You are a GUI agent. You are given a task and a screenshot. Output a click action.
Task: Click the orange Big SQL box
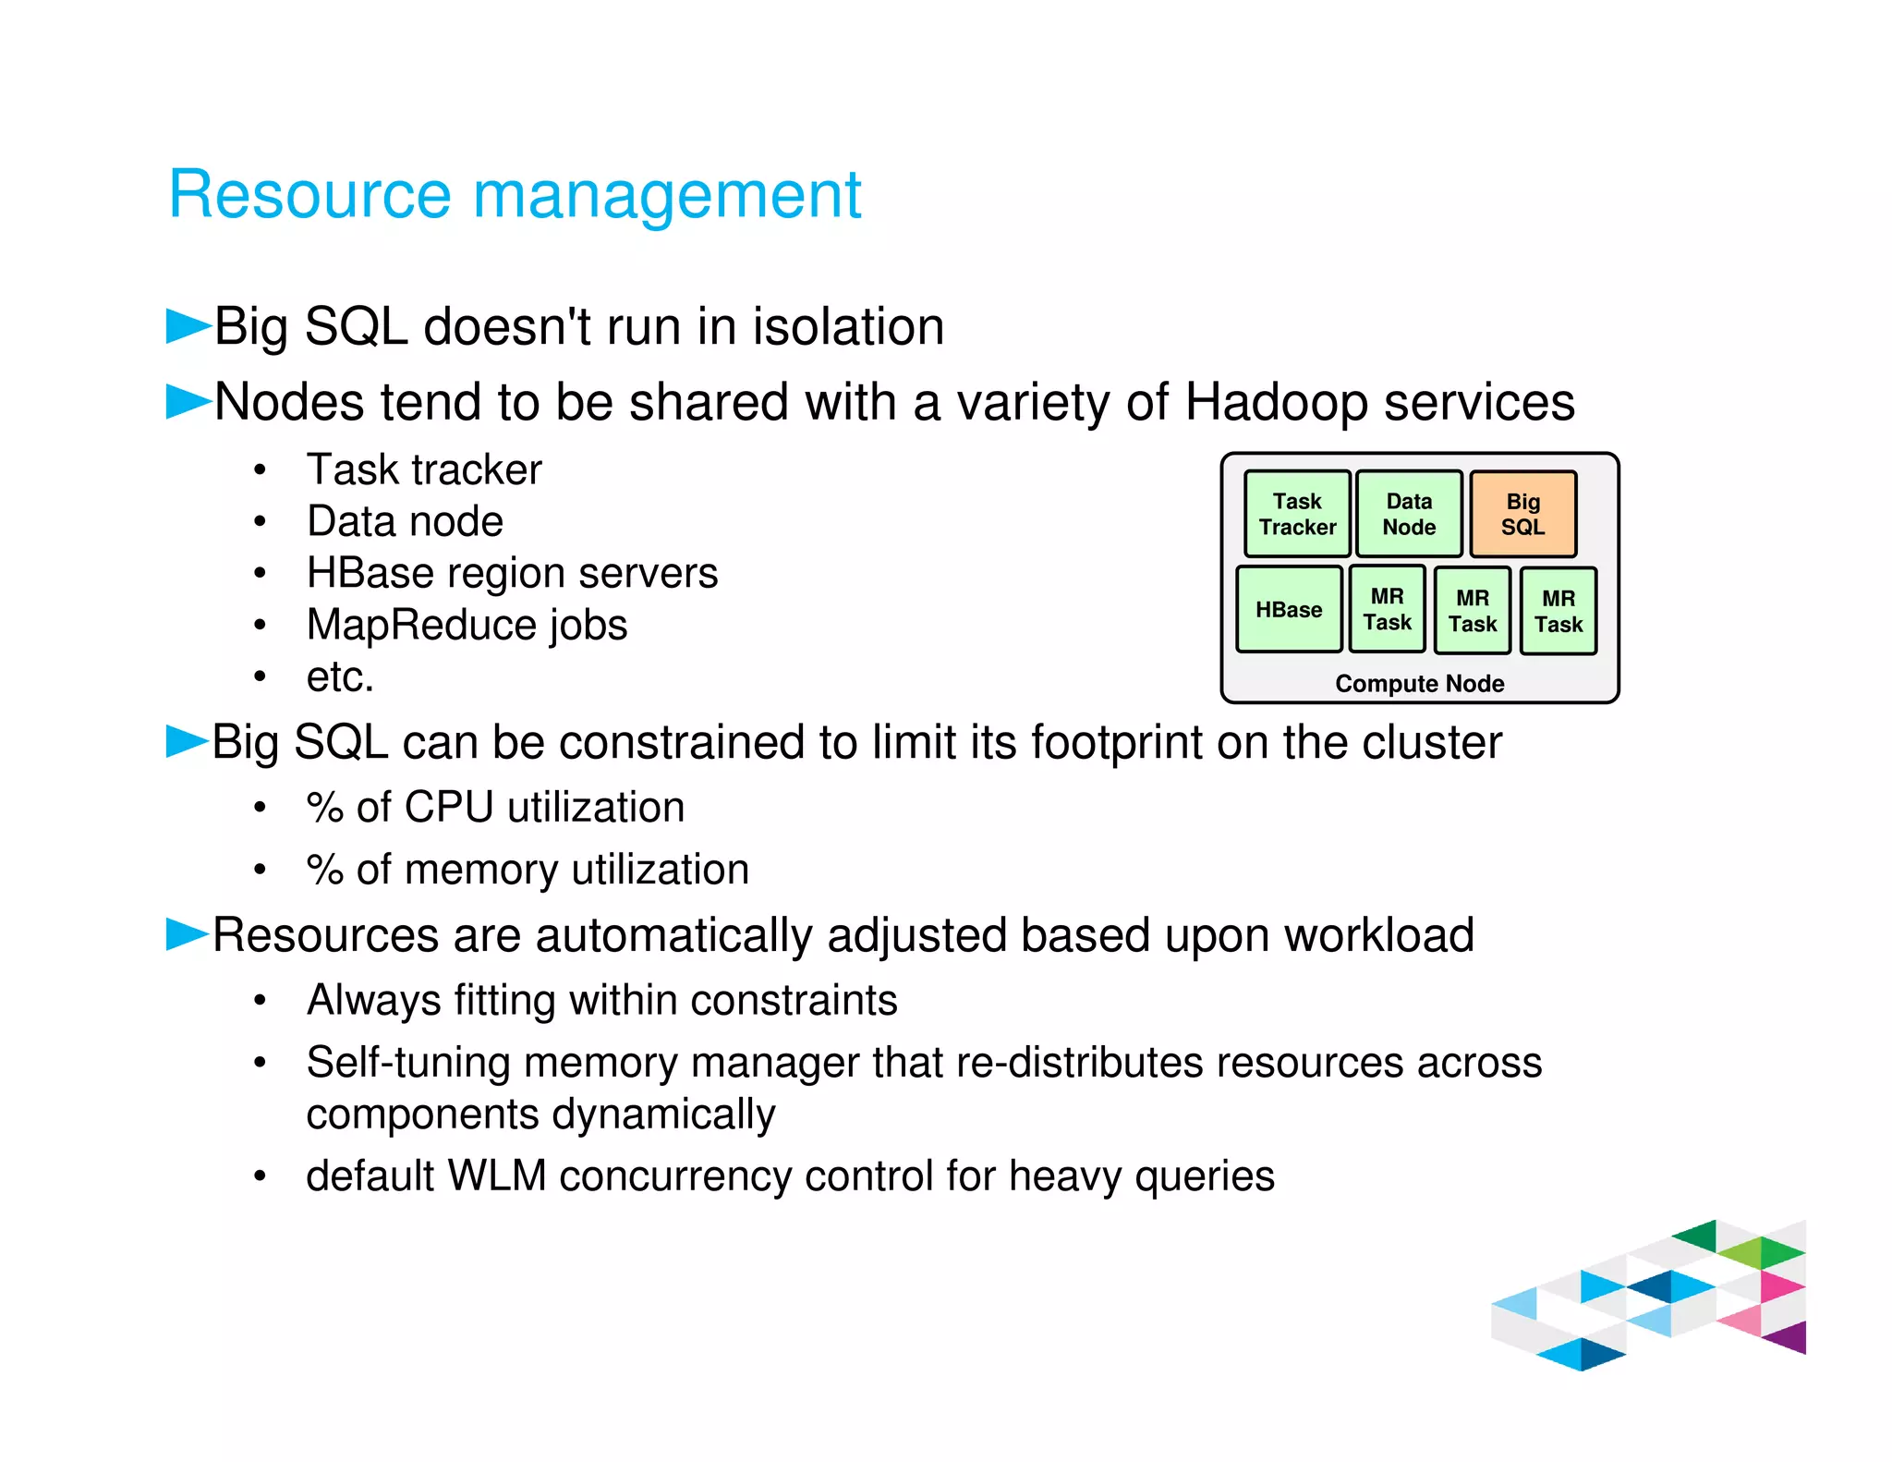[x=1522, y=515]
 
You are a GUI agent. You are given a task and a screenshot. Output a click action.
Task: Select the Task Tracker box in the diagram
[x=1297, y=515]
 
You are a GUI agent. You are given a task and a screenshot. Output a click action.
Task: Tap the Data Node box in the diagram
[x=1409, y=515]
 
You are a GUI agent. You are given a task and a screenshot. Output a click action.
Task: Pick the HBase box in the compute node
[x=1289, y=610]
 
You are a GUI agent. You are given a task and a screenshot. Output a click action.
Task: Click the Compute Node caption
[x=1419, y=684]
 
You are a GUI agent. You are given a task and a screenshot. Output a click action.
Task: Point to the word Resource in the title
[x=309, y=195]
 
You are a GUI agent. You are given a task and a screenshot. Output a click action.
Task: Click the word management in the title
[x=667, y=195]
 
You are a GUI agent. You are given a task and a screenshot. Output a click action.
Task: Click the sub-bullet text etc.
[x=340, y=676]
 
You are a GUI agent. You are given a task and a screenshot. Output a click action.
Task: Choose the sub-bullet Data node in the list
[x=405, y=521]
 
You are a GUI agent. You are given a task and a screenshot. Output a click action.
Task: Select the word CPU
[x=448, y=807]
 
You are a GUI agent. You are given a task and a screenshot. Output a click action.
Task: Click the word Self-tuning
[x=407, y=1063]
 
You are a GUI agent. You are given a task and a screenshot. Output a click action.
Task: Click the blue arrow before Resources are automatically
[x=187, y=933]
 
